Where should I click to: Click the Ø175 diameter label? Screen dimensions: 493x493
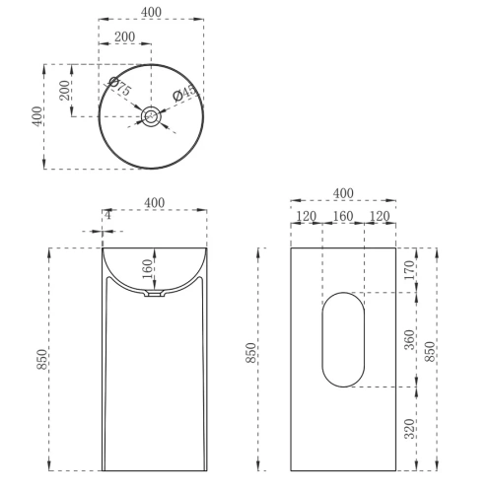pyautogui.click(x=120, y=88)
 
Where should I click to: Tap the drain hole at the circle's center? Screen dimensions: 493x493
pyautogui.click(x=152, y=116)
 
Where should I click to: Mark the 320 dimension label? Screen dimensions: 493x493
pyautogui.click(x=409, y=429)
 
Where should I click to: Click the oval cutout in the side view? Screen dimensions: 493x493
pyautogui.click(x=343, y=336)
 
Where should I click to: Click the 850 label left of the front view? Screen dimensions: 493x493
pyautogui.click(x=41, y=360)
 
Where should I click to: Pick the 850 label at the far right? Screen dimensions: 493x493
pyautogui.click(x=429, y=352)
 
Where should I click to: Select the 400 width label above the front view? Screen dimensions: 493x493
pyautogui.click(x=154, y=202)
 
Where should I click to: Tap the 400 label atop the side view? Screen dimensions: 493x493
pyautogui.click(x=343, y=192)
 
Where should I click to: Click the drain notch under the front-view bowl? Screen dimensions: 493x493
pyautogui.click(x=154, y=294)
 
